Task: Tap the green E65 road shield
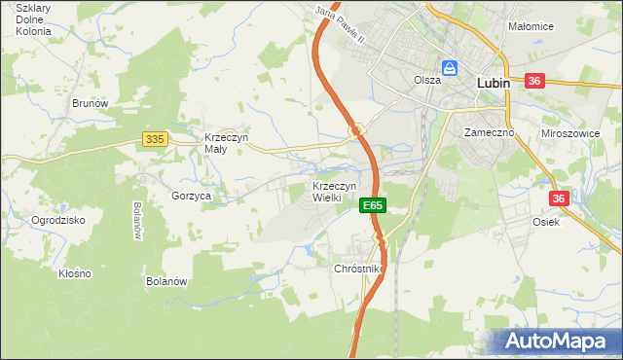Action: [x=374, y=205]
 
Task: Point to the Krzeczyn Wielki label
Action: [x=335, y=191]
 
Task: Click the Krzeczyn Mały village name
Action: [x=226, y=143]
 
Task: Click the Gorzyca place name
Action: [x=192, y=196]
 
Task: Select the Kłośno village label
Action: [x=74, y=273]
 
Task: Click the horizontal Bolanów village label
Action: [x=166, y=281]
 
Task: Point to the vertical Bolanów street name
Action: [x=137, y=221]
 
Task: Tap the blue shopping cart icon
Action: [x=451, y=68]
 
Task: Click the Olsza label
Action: [x=427, y=81]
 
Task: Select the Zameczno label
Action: [x=488, y=131]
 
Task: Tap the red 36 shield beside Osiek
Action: [x=558, y=198]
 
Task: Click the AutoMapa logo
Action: [x=556, y=342]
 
